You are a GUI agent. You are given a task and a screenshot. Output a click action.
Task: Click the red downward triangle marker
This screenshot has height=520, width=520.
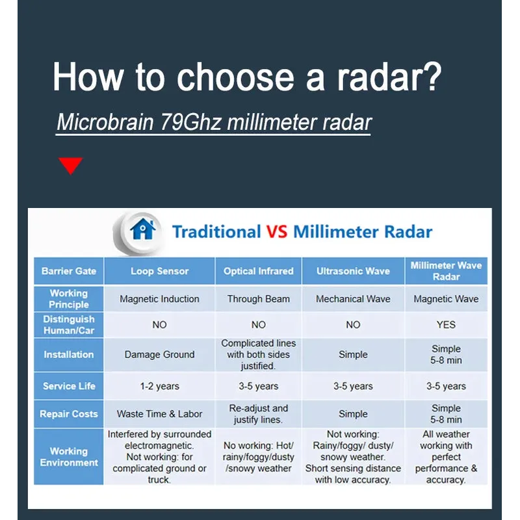click(x=71, y=165)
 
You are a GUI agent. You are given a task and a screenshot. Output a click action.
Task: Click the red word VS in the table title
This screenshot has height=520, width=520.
click(x=277, y=231)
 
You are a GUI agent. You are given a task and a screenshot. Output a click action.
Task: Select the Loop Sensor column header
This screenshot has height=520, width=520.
click(x=159, y=271)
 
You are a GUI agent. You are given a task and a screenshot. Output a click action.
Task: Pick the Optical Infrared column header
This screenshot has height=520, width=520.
click(x=258, y=271)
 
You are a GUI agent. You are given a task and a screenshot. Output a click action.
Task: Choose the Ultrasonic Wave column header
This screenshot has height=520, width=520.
click(x=353, y=271)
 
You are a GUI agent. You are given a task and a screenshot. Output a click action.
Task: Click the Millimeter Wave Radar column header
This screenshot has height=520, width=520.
click(x=446, y=271)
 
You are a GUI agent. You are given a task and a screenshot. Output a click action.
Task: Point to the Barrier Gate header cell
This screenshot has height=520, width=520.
click(x=69, y=271)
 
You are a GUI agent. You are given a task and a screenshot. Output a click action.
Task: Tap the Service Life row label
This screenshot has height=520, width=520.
click(x=69, y=386)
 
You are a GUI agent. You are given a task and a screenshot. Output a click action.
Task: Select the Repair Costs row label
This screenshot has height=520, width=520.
click(x=69, y=414)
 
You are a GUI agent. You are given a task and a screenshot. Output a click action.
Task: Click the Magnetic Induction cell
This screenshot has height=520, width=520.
click(x=159, y=299)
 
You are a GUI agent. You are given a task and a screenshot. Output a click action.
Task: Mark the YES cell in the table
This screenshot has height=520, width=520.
click(x=446, y=324)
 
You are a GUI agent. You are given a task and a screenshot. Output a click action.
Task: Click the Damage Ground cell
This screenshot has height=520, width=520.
click(x=159, y=354)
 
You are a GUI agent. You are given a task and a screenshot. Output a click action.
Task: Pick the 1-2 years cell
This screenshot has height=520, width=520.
click(x=159, y=386)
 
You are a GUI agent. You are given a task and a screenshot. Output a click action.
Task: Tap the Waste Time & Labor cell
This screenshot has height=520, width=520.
click(x=159, y=414)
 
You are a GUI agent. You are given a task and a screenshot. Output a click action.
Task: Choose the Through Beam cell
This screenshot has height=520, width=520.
click(x=258, y=299)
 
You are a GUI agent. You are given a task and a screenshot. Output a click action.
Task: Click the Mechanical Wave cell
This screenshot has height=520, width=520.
click(x=353, y=299)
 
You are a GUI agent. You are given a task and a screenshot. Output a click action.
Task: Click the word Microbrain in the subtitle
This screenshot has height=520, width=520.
click(x=105, y=122)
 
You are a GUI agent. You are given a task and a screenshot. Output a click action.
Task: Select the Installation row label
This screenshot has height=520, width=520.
click(x=69, y=354)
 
